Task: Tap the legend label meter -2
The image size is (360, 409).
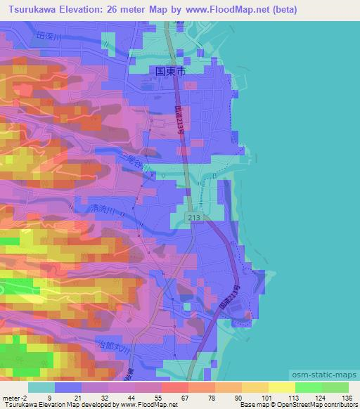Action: pyautogui.click(x=15, y=397)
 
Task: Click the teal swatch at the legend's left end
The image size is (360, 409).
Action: pyautogui.click(x=41, y=387)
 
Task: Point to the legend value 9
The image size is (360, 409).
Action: pyautogui.click(x=50, y=397)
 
